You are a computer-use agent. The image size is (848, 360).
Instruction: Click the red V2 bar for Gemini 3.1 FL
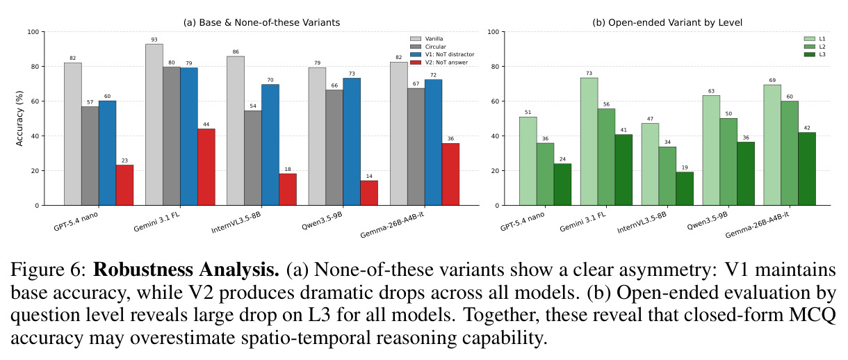point(206,167)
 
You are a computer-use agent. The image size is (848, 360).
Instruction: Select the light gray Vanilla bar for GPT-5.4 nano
point(73,134)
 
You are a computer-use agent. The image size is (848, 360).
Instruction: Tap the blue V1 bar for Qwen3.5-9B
point(352,142)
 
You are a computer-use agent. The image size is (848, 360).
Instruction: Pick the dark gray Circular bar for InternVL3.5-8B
point(253,158)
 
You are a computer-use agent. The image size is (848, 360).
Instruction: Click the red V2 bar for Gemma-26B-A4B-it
point(450,174)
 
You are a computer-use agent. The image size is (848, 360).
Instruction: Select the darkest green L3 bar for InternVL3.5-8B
point(685,189)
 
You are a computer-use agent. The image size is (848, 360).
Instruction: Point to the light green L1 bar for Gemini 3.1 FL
point(589,142)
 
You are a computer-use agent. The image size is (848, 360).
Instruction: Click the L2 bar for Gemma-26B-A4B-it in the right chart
point(790,154)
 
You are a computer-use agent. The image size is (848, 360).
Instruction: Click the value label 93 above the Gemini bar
point(154,40)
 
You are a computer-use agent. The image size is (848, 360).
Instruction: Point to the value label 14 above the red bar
point(369,177)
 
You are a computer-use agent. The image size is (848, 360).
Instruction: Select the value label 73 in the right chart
point(589,74)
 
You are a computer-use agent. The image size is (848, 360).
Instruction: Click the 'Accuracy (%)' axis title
point(19,118)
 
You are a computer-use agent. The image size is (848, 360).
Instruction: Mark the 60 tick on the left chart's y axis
point(35,101)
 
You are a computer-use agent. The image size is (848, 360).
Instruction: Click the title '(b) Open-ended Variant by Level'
point(667,23)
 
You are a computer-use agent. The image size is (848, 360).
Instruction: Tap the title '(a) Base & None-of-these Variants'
point(261,23)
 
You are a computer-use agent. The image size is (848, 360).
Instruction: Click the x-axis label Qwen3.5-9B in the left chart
point(322,221)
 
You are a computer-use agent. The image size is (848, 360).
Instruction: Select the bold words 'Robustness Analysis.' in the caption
point(186,270)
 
